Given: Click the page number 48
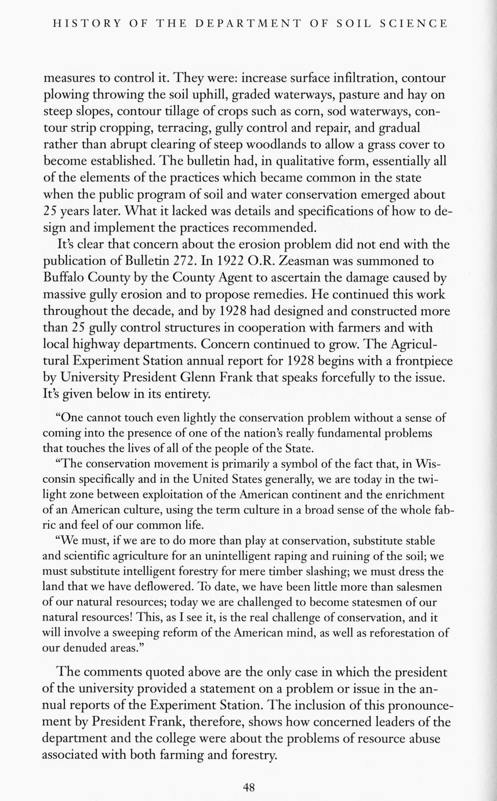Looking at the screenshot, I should pos(249,787).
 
